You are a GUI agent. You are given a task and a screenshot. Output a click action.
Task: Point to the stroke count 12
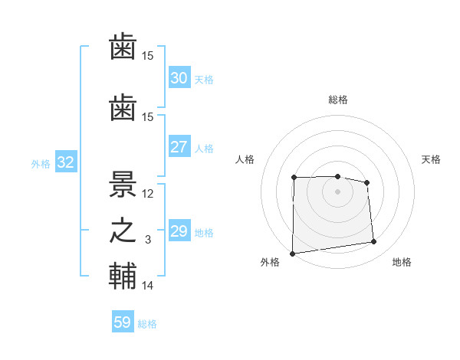[x=148, y=194]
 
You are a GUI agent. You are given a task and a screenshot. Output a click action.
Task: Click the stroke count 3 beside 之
[x=148, y=241]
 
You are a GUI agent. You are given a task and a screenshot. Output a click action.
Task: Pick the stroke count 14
[x=148, y=286]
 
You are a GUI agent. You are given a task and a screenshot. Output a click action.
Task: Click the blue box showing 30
[x=179, y=78]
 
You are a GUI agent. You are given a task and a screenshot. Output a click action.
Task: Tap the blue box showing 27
[x=179, y=147]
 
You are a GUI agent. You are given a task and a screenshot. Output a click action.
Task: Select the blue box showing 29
[x=179, y=231]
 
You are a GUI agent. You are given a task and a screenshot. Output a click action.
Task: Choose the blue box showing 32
[x=65, y=162]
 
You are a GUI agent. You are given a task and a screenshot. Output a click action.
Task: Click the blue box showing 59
[x=123, y=322]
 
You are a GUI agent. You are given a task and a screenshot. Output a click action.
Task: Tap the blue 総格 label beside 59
[x=147, y=324]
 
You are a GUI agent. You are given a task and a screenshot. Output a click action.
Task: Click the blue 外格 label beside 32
[x=41, y=163]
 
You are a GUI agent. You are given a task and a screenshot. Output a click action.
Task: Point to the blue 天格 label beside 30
[x=203, y=80]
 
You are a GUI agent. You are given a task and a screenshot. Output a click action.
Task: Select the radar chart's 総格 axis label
[x=337, y=100]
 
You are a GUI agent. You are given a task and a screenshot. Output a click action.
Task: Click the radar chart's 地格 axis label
[x=402, y=263]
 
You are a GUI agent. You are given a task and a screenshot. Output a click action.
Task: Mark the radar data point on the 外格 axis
[x=292, y=254]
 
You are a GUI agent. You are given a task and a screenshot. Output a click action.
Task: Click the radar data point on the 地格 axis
[x=374, y=242]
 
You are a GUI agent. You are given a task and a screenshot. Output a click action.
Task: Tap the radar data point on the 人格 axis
[x=294, y=178]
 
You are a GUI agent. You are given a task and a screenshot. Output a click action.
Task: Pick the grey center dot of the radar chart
[x=337, y=191]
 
